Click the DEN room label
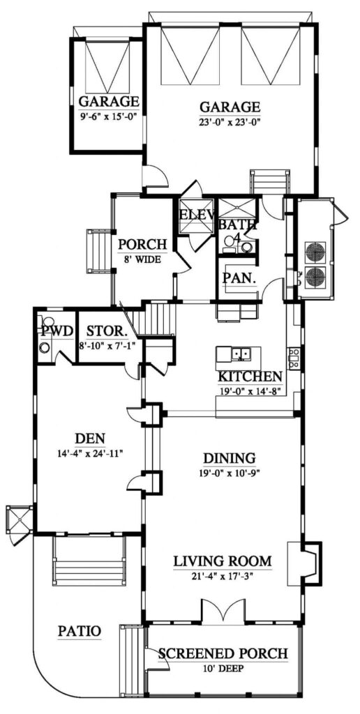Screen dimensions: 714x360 click(90, 439)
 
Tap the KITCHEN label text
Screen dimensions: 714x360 click(250, 377)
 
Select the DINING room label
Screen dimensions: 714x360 click(229, 458)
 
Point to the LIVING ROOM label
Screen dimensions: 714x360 click(221, 561)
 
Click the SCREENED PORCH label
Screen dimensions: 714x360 click(223, 653)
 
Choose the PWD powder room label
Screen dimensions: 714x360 click(56, 330)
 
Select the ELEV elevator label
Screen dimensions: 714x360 click(196, 215)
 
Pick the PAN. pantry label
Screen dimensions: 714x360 click(237, 277)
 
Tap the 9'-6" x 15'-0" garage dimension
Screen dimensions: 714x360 click(107, 116)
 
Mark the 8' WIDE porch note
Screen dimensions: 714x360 click(142, 258)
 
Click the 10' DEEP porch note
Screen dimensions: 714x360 click(223, 667)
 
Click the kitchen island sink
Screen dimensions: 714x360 click(241, 354)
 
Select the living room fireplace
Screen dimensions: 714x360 click(307, 562)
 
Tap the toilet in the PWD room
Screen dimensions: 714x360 click(45, 349)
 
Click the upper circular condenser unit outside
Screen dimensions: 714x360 click(315, 252)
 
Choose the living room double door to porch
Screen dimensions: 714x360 click(223, 612)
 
